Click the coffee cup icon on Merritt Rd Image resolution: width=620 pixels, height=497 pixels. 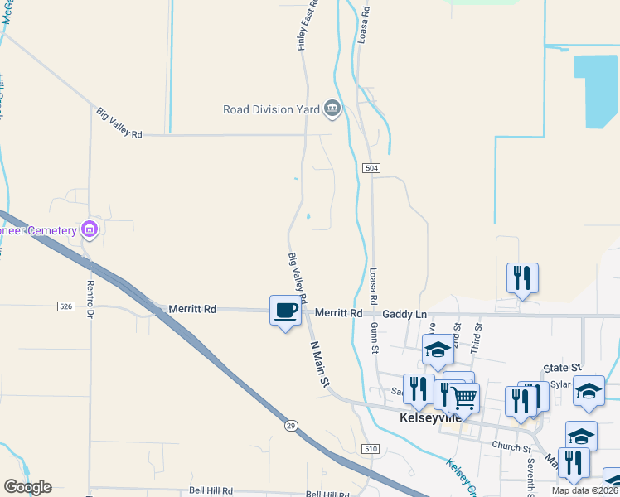286,311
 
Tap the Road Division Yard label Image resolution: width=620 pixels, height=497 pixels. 272,109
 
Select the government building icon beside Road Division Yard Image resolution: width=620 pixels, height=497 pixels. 332,108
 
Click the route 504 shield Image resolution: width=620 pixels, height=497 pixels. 371,168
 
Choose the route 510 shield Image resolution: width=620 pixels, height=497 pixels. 370,449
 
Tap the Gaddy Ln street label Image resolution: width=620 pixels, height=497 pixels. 404,314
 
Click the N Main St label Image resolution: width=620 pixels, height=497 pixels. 320,363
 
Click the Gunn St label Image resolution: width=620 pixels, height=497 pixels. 375,339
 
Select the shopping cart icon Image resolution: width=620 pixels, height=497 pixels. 464,398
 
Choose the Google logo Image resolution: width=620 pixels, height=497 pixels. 27,487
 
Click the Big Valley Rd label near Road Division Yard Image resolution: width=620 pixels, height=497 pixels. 120,123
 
